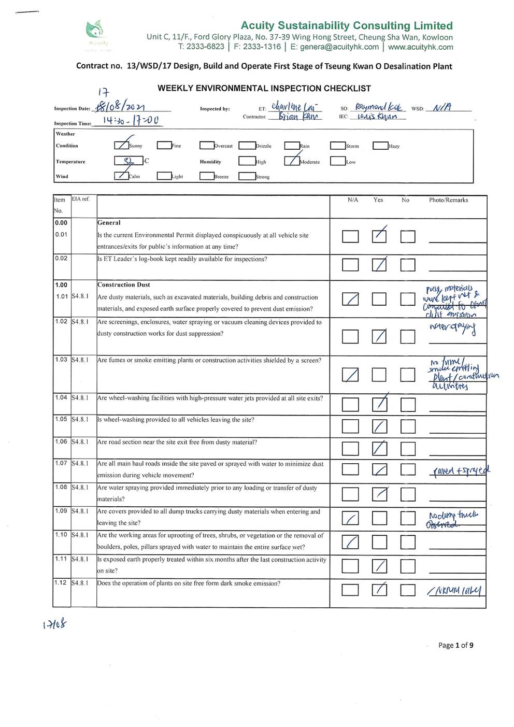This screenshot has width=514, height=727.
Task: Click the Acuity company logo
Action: point(96,32)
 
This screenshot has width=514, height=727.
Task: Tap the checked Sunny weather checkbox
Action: point(121,146)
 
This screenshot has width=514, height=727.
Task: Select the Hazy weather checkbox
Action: point(380,146)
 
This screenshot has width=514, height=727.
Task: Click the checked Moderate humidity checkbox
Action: point(292,161)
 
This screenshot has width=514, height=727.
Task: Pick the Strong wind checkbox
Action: point(246,176)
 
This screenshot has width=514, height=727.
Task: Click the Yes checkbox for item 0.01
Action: point(379,236)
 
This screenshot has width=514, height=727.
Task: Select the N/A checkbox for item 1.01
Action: point(350,299)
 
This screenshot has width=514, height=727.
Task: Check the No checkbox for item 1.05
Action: point(408,426)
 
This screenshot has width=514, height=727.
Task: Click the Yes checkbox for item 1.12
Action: point(379,590)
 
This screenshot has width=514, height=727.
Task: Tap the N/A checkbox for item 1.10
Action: point(350,542)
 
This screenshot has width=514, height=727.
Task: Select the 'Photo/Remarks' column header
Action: point(448,200)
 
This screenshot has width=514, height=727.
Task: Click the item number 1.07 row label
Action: point(61,463)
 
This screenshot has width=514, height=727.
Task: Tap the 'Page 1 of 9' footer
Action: point(455,645)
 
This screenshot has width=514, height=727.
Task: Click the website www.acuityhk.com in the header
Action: point(420,47)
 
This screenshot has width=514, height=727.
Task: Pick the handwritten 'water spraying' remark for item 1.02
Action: point(452,327)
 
